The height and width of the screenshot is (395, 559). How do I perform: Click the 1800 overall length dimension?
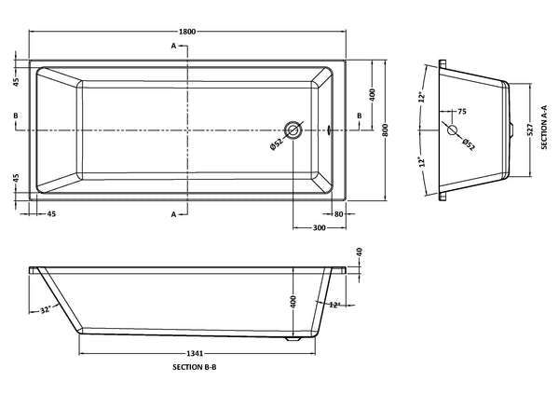pos(187,32)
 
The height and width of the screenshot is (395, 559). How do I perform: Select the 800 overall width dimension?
pos(384,129)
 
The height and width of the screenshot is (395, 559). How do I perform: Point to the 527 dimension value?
pos(529,129)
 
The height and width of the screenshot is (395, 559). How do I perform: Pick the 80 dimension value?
pos(340,214)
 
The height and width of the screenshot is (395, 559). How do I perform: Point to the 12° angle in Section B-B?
pos(334,305)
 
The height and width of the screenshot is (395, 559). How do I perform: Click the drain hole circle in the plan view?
pos(294,129)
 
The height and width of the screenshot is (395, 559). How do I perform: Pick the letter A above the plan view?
pos(173,46)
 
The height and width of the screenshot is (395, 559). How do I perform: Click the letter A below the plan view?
pos(173,214)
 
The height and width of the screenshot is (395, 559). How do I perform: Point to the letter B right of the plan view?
pos(360,116)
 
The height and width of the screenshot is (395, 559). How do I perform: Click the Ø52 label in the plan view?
pos(277,144)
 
